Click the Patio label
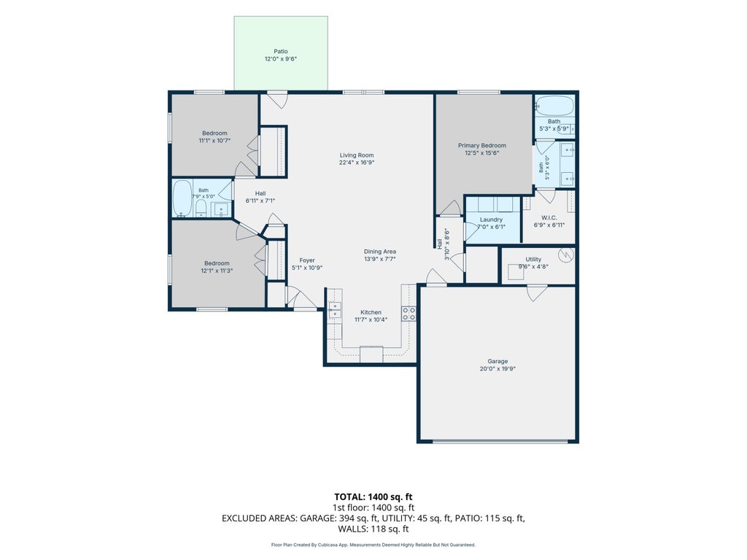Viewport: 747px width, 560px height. pos(281,52)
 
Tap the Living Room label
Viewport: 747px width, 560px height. pos(357,155)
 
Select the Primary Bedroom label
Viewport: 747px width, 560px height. pos(482,146)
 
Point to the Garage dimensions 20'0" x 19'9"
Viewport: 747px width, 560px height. pos(498,368)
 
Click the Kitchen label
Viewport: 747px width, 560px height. pos(371,312)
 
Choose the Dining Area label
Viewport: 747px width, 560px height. pos(379,252)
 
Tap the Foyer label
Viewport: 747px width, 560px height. pos(307,260)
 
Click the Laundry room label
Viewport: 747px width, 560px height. pos(491,219)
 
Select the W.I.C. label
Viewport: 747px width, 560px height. pos(549,217)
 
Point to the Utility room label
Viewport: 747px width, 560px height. pos(533,260)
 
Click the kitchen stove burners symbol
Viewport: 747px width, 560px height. pos(409,314)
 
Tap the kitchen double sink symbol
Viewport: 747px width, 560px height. pos(335,309)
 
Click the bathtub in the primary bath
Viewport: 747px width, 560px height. pos(554,106)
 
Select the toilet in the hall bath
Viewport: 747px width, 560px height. pos(201,208)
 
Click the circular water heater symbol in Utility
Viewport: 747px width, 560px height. pos(565,255)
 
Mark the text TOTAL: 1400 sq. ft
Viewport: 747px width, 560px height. pos(373,497)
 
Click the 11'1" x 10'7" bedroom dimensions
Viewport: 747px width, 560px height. pos(215,141)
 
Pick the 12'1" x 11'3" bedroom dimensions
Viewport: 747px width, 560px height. pos(217,271)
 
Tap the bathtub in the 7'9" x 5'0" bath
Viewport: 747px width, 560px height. pos(182,198)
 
